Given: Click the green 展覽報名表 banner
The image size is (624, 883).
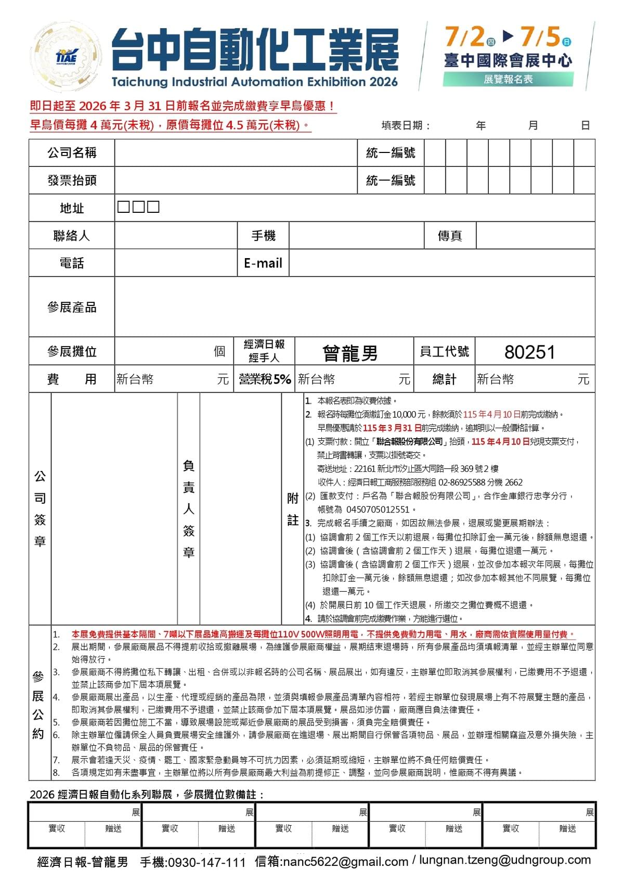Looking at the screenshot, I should [508, 79].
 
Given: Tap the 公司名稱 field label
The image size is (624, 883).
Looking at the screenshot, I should [72, 152].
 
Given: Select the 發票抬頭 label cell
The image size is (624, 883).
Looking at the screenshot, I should [72, 180].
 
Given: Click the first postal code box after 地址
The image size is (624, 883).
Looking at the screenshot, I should [123, 207].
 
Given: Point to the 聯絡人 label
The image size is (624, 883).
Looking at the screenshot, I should [72, 236].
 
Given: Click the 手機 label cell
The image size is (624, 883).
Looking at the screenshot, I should [263, 236].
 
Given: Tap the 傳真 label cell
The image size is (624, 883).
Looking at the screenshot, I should [450, 236].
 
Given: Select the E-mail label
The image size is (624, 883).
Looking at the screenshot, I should [263, 263].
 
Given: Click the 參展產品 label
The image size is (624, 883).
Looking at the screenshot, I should [72, 307].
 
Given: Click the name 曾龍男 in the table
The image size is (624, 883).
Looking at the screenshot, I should [350, 353].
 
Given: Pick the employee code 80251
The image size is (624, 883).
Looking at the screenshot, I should [530, 352].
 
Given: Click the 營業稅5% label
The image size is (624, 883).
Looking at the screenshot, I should [265, 379].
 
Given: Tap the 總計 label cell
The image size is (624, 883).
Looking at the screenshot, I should [445, 379].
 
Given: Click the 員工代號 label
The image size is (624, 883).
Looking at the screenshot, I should [445, 352].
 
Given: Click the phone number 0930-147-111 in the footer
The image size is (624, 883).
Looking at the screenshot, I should [206, 862].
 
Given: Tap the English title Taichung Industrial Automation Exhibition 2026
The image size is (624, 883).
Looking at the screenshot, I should [254, 82].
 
